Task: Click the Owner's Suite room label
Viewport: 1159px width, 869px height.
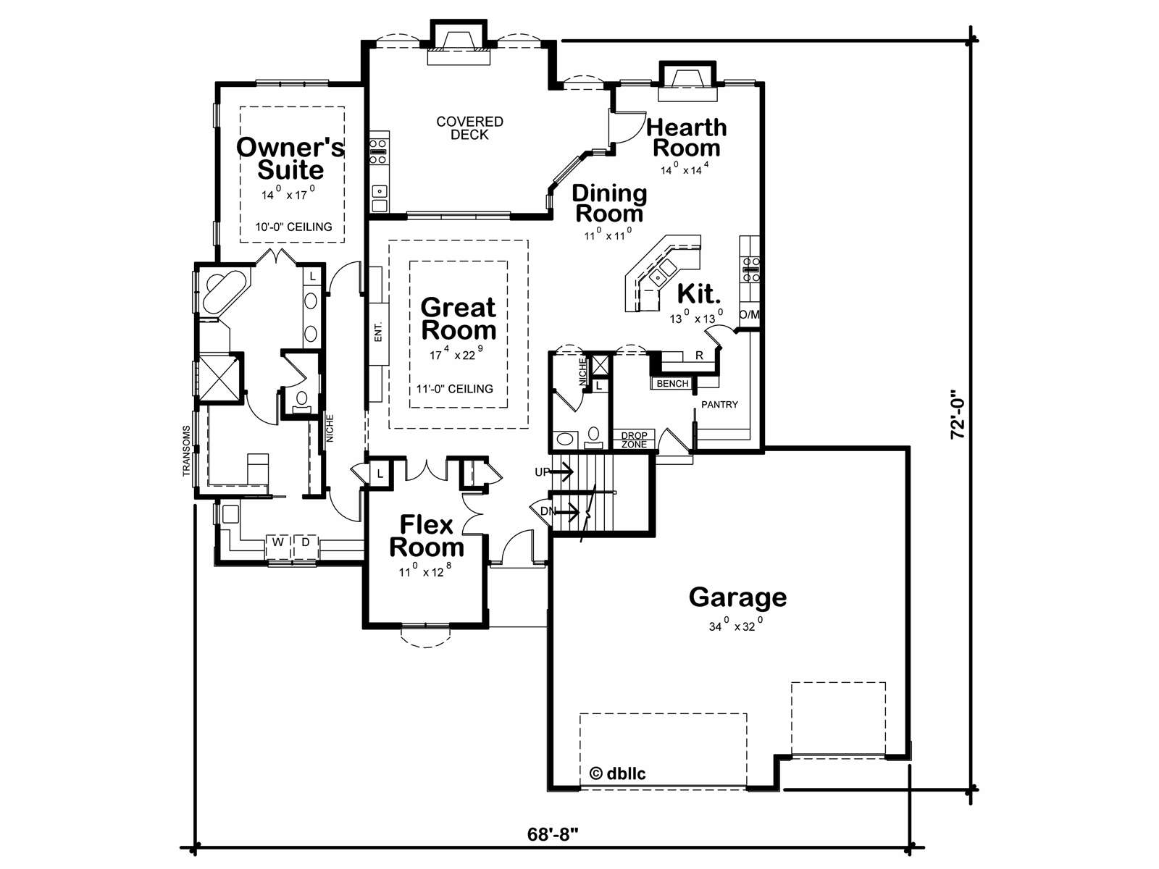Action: click(x=290, y=159)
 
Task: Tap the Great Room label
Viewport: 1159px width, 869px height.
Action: click(x=459, y=319)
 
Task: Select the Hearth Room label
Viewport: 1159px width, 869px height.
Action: click(x=687, y=138)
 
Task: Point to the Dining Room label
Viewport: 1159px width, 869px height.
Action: click(x=609, y=203)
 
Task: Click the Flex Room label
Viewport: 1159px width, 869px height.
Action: click(x=427, y=536)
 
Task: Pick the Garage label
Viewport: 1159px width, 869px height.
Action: click(x=737, y=597)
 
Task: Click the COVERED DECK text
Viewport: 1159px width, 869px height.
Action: click(x=469, y=128)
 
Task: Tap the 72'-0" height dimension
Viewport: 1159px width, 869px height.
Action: click(x=958, y=414)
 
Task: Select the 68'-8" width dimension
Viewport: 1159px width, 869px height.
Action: click(x=553, y=834)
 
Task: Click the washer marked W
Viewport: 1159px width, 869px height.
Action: click(x=278, y=542)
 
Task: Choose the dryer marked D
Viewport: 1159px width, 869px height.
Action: click(x=305, y=542)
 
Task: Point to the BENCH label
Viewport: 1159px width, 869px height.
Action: click(x=672, y=384)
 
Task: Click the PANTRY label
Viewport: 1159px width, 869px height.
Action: click(x=719, y=405)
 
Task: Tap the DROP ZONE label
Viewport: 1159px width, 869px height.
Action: click(x=634, y=440)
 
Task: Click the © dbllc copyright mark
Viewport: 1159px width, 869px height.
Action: click(x=617, y=774)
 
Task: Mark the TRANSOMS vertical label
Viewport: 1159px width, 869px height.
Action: click(x=186, y=451)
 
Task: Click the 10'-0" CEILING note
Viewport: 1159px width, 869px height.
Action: click(x=293, y=227)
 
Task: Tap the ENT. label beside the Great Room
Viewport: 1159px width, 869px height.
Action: click(x=378, y=332)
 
